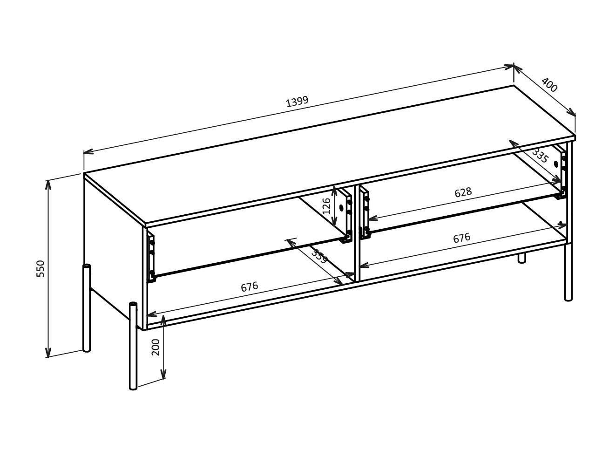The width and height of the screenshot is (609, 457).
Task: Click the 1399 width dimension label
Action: click(297, 102)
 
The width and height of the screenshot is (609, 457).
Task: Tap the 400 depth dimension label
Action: click(549, 85)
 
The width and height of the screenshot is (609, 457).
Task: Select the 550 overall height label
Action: click(41, 268)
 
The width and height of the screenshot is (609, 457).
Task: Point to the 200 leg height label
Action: click(156, 347)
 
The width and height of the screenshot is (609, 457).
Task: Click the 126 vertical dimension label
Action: click(326, 206)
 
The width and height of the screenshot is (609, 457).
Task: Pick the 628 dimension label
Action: click(463, 192)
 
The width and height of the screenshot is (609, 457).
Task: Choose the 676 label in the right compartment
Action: click(461, 238)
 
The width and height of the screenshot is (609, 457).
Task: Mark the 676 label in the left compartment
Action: click(249, 287)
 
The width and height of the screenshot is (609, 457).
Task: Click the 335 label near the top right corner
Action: click(540, 156)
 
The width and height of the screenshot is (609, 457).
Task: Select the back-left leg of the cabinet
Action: click(87, 307)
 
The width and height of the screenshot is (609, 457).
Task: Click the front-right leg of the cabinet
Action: click(568, 273)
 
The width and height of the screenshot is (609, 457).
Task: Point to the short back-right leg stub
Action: click(521, 258)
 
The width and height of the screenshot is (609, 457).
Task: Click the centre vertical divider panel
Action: click(357, 233)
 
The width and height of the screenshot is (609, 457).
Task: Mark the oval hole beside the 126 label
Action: click(341, 208)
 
